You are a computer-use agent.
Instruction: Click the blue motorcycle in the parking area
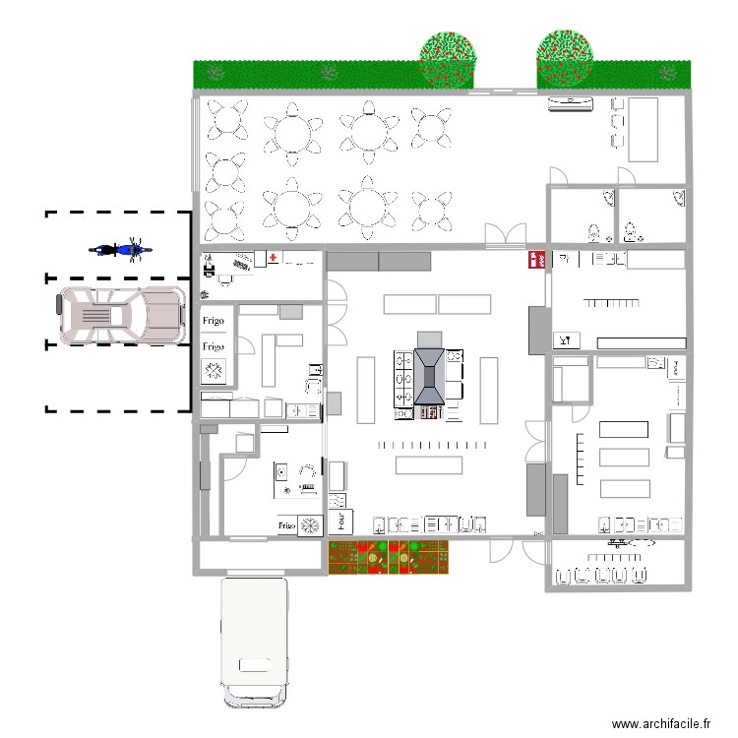click(120, 249)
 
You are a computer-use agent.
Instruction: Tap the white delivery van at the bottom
click(255, 642)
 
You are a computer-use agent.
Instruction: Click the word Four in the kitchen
click(340, 520)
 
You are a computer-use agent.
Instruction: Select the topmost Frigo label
click(214, 321)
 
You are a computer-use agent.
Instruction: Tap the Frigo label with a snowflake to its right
click(286, 526)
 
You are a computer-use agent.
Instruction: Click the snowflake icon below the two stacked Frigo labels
click(215, 371)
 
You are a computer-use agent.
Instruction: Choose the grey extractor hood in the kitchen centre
click(429, 377)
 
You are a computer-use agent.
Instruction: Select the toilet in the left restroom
click(593, 233)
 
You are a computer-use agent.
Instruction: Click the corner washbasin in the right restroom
click(680, 199)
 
